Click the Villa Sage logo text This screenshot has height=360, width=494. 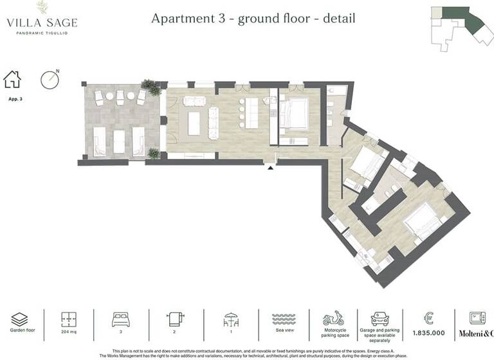click(42, 22)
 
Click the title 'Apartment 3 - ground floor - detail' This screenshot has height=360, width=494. click(253, 17)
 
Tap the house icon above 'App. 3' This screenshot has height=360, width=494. click(12, 80)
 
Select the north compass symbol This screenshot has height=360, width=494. click(50, 79)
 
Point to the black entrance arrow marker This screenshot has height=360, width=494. click(271, 168)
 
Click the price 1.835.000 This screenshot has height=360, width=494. click(428, 333)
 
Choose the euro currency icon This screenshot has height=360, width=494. click(428, 318)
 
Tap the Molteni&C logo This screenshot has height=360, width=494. click(476, 333)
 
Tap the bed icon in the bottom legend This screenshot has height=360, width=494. click(122, 319)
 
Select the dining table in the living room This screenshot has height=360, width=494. click(194, 122)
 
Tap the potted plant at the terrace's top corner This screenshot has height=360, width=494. click(152, 87)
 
